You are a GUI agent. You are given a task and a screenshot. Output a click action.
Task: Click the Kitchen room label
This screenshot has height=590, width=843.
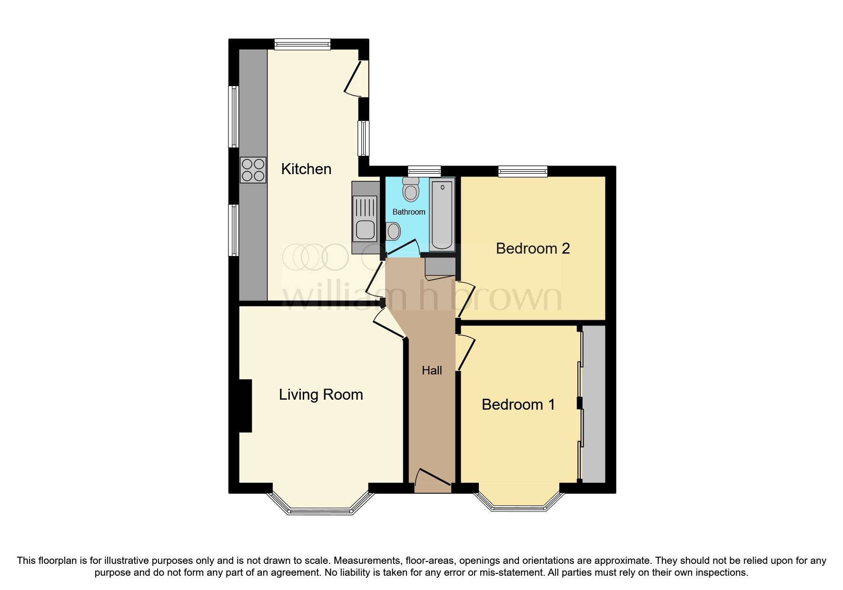(x=306, y=169)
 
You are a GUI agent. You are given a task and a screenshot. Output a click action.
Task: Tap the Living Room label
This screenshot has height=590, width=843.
(x=321, y=394)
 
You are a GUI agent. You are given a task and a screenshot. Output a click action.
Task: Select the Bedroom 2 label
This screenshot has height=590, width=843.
(x=533, y=248)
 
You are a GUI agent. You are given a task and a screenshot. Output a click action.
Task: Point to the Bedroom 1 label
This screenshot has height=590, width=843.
(x=518, y=404)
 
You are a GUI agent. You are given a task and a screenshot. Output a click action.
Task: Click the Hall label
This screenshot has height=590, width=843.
(x=432, y=370)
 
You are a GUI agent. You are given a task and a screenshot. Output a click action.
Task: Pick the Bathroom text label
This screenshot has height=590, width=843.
(x=409, y=212)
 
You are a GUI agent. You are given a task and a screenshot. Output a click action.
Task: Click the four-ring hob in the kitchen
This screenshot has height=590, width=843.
(x=253, y=170)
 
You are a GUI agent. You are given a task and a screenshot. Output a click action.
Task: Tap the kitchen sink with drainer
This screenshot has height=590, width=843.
(x=365, y=218)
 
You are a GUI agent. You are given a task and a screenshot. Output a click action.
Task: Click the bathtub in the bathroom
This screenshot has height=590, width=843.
(x=443, y=215)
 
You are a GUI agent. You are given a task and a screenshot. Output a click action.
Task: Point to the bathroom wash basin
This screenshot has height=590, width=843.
(x=393, y=232)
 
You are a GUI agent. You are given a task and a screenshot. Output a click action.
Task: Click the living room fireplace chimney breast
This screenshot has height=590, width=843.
(x=245, y=406)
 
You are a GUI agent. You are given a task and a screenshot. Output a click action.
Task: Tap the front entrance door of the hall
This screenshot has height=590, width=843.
(x=433, y=481)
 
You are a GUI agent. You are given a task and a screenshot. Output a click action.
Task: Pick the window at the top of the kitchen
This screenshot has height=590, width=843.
(x=302, y=44)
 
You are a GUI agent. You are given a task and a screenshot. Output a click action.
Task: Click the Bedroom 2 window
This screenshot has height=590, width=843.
(x=523, y=171)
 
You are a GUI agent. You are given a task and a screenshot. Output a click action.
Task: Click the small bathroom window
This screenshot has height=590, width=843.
(x=425, y=171)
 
